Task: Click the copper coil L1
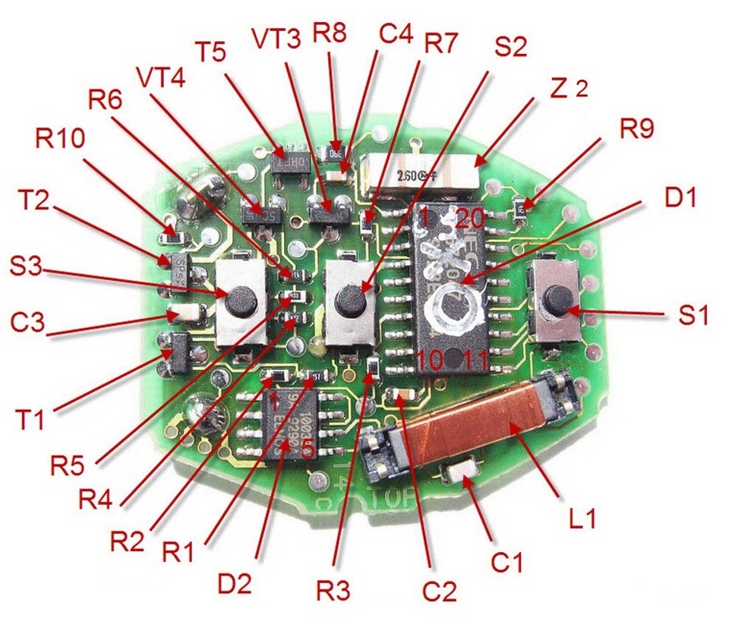tap(466, 424)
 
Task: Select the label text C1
tap(509, 563)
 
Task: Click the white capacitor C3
tap(185, 312)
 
